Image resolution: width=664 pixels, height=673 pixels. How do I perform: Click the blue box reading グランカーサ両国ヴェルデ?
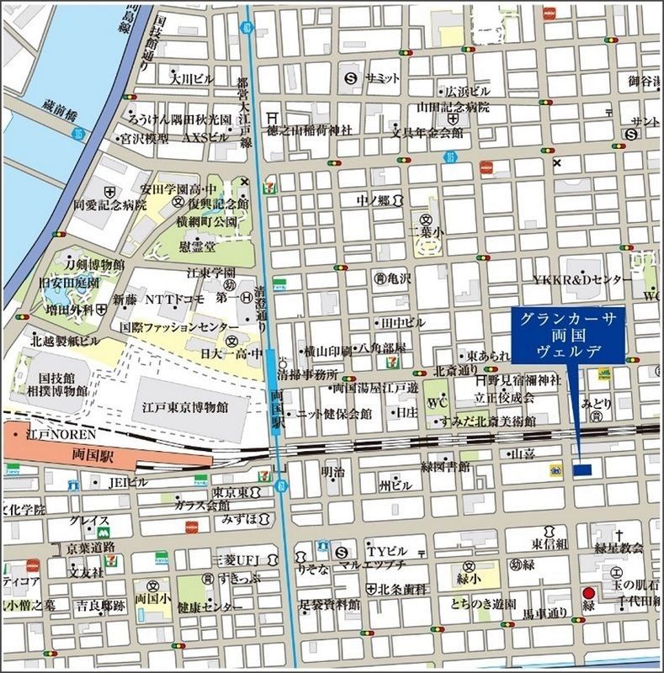(x=568, y=335)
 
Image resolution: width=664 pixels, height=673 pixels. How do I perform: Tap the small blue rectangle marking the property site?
(x=582, y=469)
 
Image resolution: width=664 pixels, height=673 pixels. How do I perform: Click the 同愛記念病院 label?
(x=109, y=204)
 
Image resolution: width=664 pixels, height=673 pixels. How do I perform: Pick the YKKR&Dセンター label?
(x=582, y=279)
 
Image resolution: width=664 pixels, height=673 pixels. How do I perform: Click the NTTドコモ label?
(x=177, y=299)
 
